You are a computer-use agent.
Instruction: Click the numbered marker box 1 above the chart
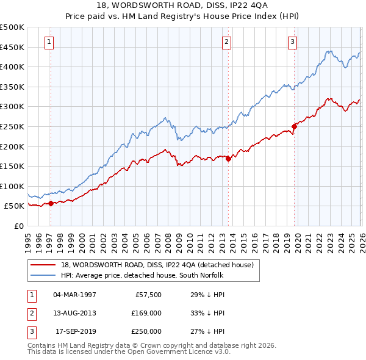pyautogui.click(x=49, y=42)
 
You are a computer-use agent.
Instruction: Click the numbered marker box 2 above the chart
pyautogui.click(x=226, y=42)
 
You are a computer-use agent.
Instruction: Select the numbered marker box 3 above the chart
pyautogui.click(x=292, y=42)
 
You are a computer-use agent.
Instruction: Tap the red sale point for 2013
pyautogui.click(x=228, y=159)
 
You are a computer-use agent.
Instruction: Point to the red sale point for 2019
pyautogui.click(x=294, y=126)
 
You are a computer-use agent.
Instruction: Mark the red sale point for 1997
pyautogui.click(x=51, y=203)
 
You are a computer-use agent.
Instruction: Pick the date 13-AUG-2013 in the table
pyautogui.click(x=74, y=313)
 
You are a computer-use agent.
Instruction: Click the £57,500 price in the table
pyautogui.click(x=148, y=295)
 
